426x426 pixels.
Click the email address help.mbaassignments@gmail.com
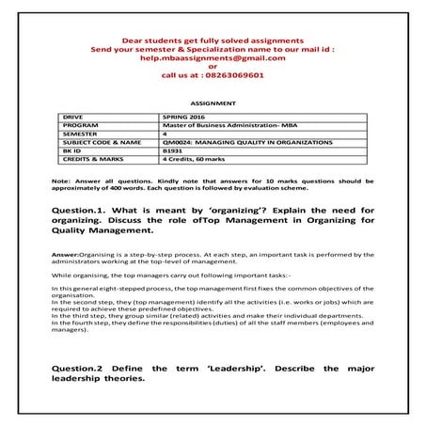tap(213, 56)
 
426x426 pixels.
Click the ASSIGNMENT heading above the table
tap(213, 103)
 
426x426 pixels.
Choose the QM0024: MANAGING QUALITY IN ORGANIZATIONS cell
tap(247, 142)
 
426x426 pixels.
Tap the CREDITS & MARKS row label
tap(90, 157)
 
